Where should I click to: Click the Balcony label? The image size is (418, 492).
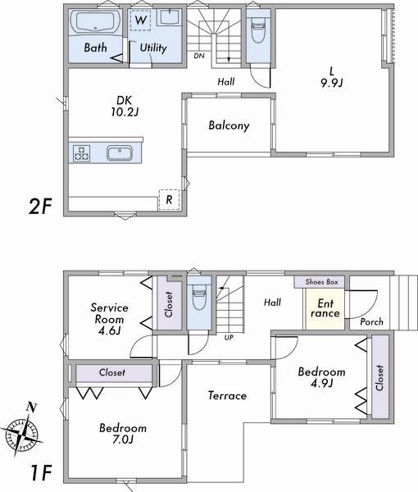tap(228, 126)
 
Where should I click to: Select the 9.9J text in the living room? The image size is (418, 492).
tap(330, 82)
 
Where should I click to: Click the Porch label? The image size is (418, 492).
tap(371, 322)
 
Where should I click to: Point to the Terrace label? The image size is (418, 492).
tap(227, 395)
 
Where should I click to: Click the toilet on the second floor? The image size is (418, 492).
tap(257, 34)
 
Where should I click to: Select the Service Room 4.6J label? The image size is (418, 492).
tap(108, 318)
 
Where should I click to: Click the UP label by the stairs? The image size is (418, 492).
tap(228, 337)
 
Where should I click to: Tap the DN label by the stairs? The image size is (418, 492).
tap(199, 57)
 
